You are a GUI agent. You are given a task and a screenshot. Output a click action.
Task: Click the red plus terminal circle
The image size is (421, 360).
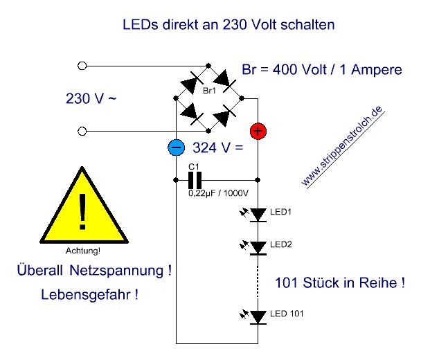257,129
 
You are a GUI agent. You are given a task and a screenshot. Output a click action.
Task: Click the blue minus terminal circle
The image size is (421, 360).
177,147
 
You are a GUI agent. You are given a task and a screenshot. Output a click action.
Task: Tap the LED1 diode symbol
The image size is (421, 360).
258,215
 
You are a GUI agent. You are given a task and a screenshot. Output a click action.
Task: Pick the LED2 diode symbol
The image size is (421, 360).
258,246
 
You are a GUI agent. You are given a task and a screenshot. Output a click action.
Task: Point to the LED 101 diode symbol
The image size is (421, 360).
258,316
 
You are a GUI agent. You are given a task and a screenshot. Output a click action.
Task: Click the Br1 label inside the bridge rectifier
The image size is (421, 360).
208,91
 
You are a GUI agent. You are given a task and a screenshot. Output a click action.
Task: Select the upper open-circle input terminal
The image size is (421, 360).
83,66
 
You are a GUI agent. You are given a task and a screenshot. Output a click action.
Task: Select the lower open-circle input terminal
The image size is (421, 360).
83,131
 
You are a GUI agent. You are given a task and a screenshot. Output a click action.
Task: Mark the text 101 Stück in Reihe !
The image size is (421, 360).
340,283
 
